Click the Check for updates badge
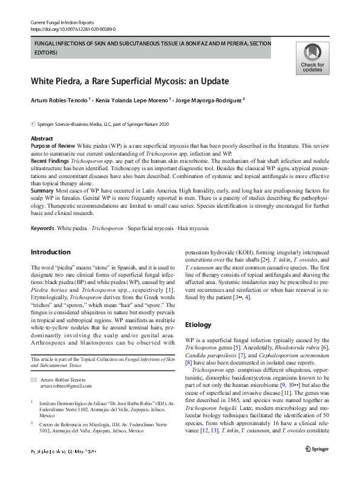coord(312,58)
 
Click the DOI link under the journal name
coord(73,28)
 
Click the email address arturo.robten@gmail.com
coord(67,386)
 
